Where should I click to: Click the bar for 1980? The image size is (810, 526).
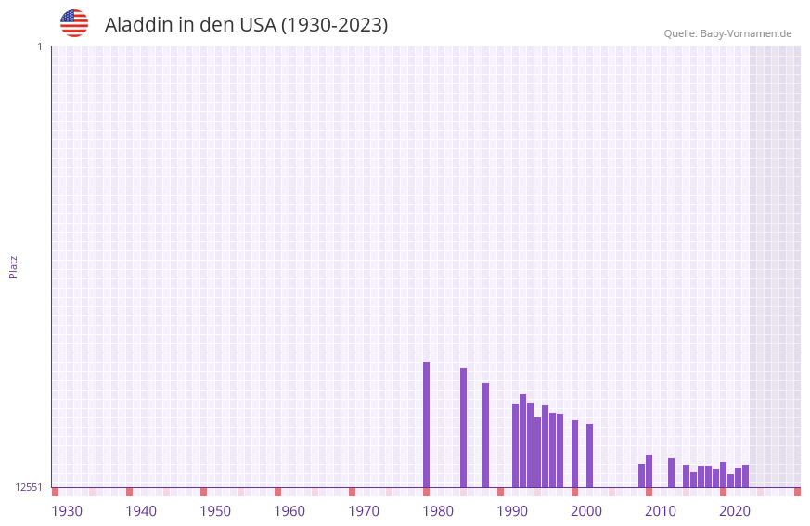426,424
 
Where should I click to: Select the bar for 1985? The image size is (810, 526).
463,428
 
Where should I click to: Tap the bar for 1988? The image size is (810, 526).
485,435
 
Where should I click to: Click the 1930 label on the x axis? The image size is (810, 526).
67,511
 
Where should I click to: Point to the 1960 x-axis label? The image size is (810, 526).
289,511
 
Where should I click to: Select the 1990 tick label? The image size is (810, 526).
512,511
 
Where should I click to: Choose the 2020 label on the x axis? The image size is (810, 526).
735,511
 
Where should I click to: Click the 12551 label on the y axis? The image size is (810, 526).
30,487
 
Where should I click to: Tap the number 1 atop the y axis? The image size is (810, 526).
40,46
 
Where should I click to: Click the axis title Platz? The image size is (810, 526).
13,266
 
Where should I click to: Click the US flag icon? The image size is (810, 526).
74,23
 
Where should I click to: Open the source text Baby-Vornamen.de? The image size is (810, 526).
745,33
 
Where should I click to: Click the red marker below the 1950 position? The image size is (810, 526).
203,492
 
